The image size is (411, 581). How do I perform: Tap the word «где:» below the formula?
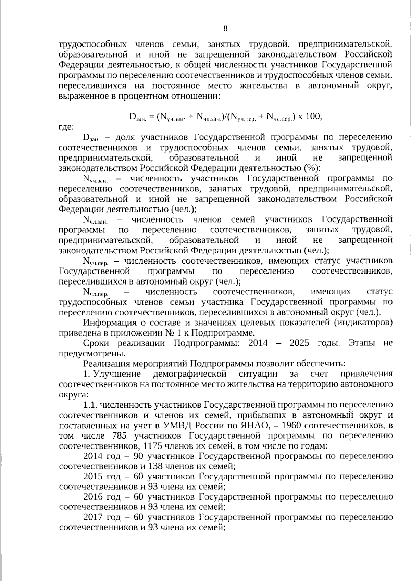[66, 127]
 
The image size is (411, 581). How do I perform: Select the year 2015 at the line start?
[93, 476]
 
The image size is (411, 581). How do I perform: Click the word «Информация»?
[109, 323]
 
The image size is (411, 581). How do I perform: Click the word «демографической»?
[190, 374]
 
